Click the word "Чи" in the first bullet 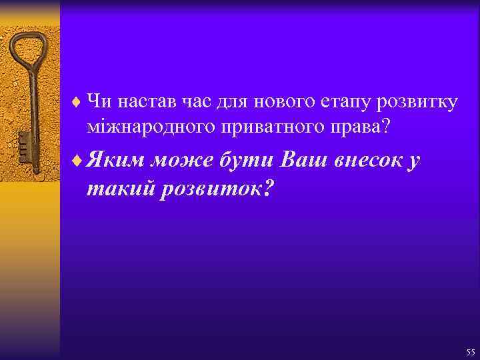(x=99, y=102)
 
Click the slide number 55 (x=471, y=352)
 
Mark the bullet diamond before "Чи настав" (x=76, y=103)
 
